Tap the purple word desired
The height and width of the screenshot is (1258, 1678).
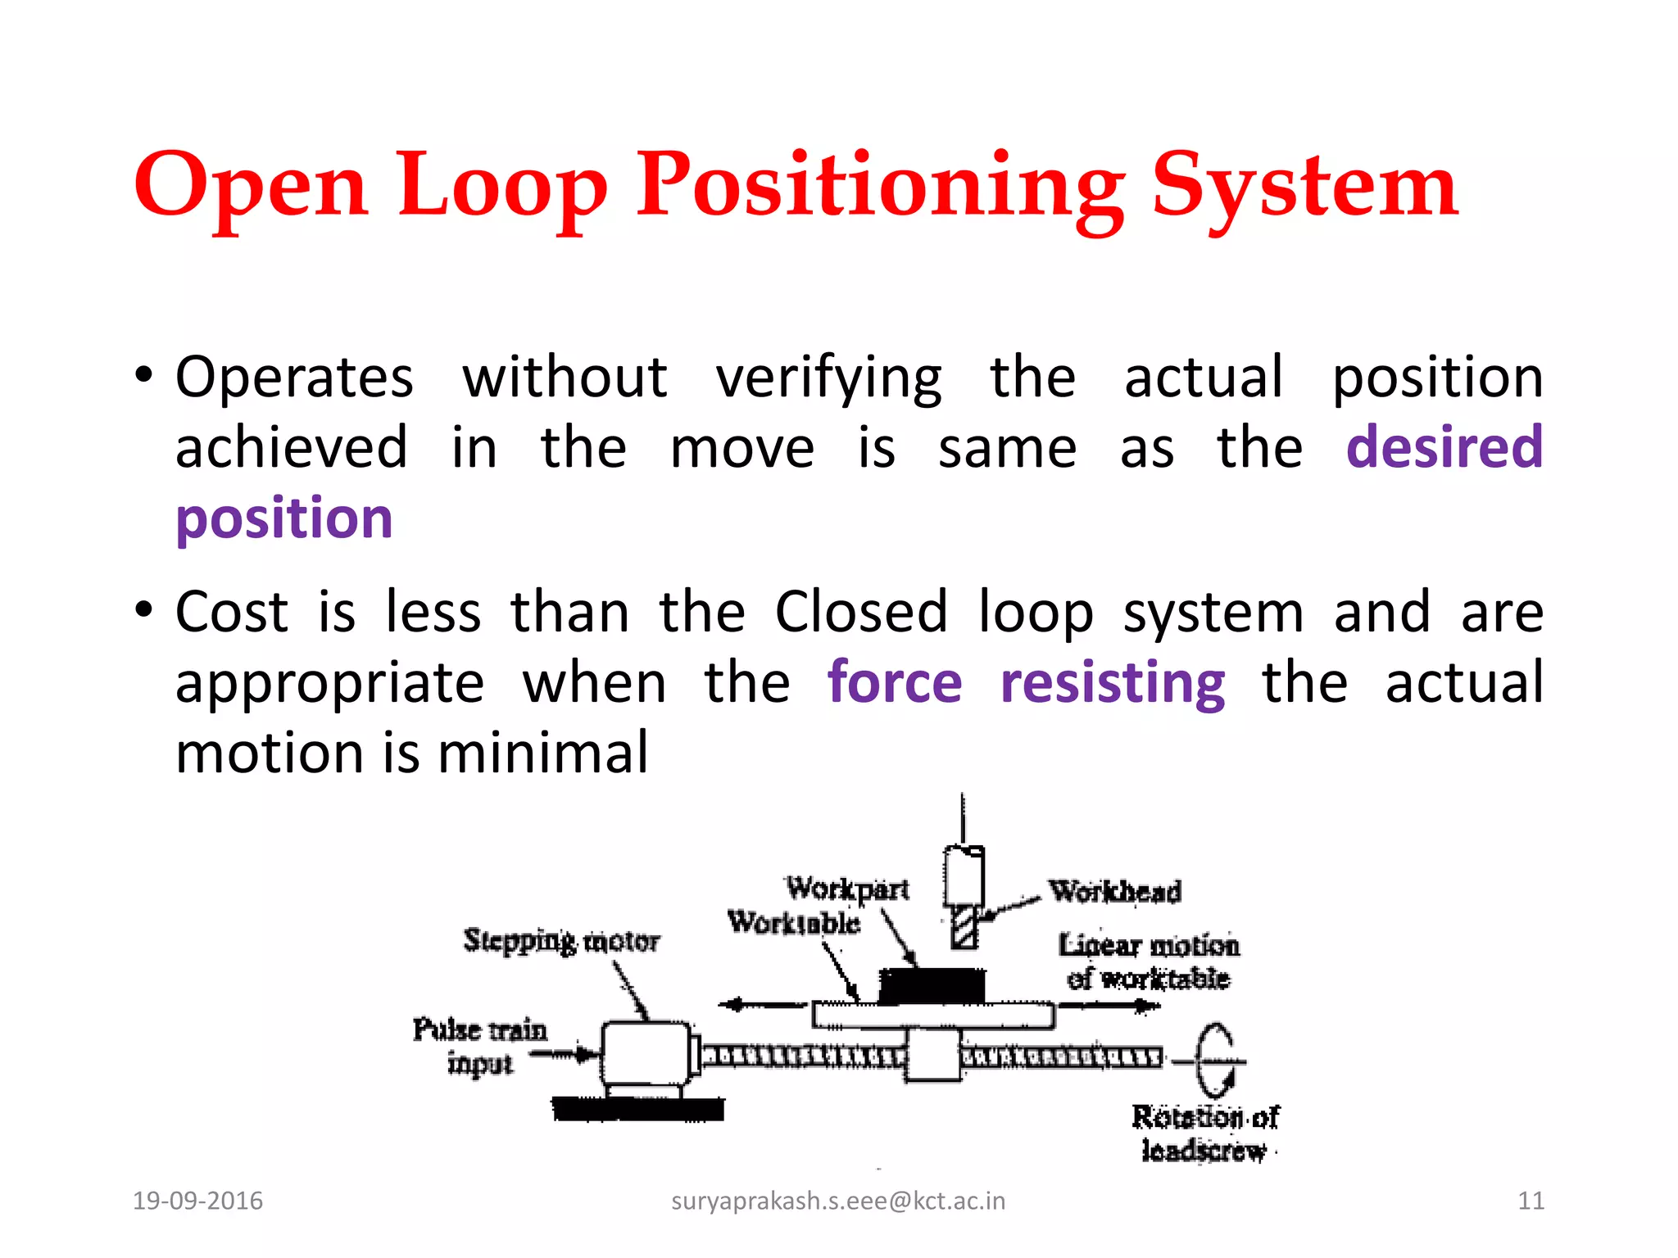(1444, 447)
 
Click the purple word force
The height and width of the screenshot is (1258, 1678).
(895, 682)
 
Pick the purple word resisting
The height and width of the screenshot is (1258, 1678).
(1113, 682)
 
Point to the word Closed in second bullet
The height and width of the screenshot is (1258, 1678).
(861, 612)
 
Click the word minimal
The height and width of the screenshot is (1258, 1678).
(543, 753)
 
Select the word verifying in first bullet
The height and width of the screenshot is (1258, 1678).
(829, 378)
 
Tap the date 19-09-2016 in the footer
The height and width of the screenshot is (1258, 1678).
(197, 1201)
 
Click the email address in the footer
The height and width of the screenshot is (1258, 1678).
(838, 1201)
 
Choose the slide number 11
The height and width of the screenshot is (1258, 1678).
(1531, 1201)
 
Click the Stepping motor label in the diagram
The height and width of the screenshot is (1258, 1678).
(561, 940)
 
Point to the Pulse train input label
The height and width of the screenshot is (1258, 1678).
(479, 1046)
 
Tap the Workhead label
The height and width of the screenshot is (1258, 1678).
(1115, 891)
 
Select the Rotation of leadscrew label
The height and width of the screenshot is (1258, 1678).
(1204, 1134)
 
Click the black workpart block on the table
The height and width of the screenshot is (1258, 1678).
(932, 985)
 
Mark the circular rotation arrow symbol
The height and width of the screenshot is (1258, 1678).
(1215, 1061)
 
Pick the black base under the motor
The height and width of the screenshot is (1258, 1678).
(638, 1109)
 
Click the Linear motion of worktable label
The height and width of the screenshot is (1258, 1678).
(1149, 962)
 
